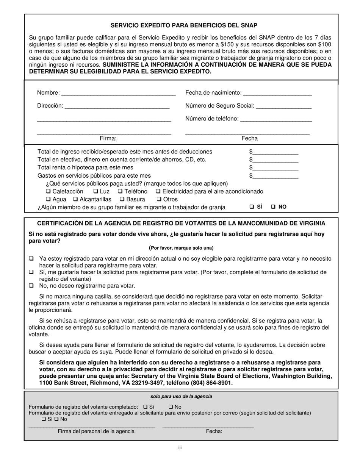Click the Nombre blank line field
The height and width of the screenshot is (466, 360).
[x=118, y=93]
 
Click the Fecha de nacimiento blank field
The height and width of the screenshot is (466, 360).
[x=277, y=93]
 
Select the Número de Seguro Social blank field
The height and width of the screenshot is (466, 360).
[x=283, y=106]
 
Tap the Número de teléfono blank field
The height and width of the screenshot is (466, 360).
[x=276, y=119]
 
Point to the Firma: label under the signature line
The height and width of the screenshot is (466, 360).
[x=108, y=139]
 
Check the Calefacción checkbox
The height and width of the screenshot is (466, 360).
[x=48, y=191]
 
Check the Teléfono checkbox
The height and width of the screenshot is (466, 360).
[x=120, y=191]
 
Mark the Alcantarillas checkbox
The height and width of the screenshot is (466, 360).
[x=75, y=199]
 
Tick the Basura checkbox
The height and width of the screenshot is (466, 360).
[x=122, y=199]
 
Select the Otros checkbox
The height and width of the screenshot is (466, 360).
[x=159, y=199]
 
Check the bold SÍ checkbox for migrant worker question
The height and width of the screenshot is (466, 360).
[x=252, y=207]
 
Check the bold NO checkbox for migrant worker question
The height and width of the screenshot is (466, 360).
[x=273, y=207]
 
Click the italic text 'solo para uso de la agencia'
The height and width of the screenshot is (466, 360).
[x=181, y=397]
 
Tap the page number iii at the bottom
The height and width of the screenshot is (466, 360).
[x=180, y=447]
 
